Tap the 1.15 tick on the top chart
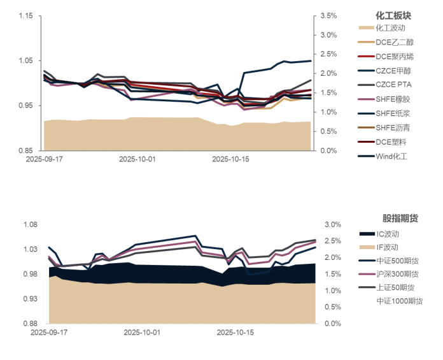[25, 15]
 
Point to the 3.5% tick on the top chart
[328, 15]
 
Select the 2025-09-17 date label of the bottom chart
[48, 333]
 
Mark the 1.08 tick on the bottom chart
[30, 224]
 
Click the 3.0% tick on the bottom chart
[333, 224]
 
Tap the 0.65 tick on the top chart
[25, 150]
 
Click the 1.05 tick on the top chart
[25, 61]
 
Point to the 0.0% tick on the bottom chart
[333, 323]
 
